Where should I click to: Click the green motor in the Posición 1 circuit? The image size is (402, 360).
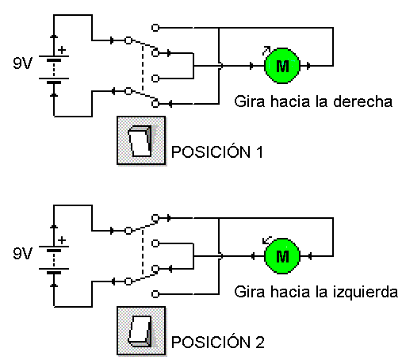point(282,66)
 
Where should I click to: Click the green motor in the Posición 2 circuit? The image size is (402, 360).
point(282,256)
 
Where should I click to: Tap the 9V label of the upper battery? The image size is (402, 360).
point(22,63)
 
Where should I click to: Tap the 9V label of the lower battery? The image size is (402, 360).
point(22,253)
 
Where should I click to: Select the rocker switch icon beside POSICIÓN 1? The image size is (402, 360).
point(141,140)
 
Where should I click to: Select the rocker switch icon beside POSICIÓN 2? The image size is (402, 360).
point(141,331)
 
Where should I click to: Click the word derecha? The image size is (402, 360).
point(362,101)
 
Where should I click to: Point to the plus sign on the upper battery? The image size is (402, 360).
point(62,50)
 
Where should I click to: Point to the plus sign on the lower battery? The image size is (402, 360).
point(62,240)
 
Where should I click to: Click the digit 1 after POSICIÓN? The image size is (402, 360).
point(260,152)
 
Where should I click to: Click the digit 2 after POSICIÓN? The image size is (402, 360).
point(260,343)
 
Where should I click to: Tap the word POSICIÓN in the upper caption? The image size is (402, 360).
point(211,151)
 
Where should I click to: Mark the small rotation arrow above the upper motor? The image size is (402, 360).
point(266,51)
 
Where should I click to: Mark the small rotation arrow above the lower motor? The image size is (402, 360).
point(266,240)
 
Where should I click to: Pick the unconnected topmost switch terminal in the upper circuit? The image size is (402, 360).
point(155,28)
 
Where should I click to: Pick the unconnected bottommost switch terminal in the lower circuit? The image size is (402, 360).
point(155,294)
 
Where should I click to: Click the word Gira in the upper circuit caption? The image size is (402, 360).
point(249,101)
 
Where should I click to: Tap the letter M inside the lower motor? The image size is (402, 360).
point(282,256)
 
